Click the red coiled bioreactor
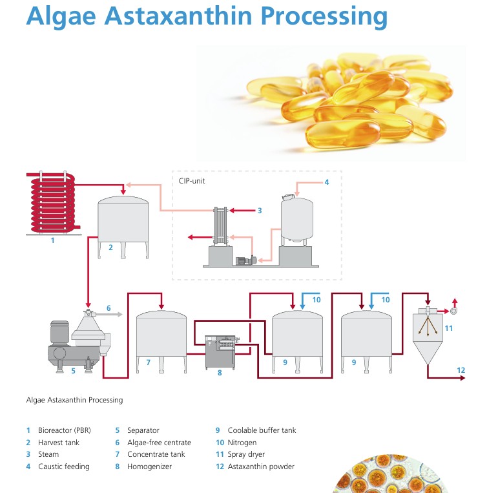(x=53, y=203)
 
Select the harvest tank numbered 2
(x=123, y=227)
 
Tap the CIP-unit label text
(x=192, y=181)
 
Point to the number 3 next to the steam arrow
(x=260, y=211)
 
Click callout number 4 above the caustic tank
(x=327, y=182)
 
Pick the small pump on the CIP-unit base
(x=246, y=260)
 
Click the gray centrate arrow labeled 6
(x=109, y=314)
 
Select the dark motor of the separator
(x=59, y=333)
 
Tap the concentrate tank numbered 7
(x=161, y=342)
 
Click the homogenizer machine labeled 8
(x=220, y=352)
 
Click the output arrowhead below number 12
(x=462, y=377)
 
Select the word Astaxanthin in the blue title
(x=178, y=16)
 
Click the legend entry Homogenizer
(x=149, y=467)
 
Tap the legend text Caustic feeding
(x=64, y=467)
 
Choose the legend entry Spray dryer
(x=246, y=454)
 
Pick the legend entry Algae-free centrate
(x=159, y=443)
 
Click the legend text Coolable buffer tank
(x=262, y=430)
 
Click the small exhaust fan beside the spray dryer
(x=453, y=311)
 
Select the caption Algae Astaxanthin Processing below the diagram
(x=74, y=400)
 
